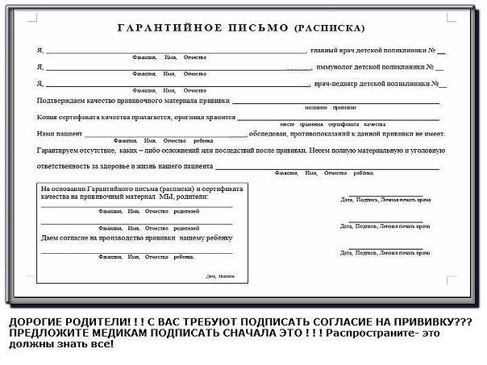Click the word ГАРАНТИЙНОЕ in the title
(x=162, y=26)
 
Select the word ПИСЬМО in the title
(x=240, y=26)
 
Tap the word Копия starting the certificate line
(x=48, y=117)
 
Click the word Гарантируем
(x=63, y=150)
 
